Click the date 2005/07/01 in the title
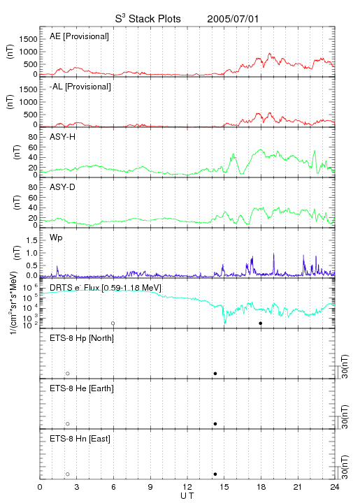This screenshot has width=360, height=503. click(x=233, y=19)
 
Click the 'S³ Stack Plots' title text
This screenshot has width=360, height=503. click(x=148, y=19)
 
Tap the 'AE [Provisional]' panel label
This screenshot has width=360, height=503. click(x=79, y=36)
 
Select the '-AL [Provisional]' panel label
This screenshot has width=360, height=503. click(x=80, y=87)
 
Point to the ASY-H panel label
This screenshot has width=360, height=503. click(x=63, y=137)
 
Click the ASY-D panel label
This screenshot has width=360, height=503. click(x=63, y=187)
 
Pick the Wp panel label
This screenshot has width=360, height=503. click(x=56, y=238)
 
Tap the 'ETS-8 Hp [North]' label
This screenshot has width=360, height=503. click(x=82, y=338)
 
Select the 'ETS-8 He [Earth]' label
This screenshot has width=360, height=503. click(x=82, y=388)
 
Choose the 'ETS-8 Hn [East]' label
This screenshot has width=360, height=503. click(x=80, y=439)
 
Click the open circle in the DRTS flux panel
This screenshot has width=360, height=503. click(x=113, y=323)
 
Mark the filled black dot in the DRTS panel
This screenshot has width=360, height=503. click(x=261, y=323)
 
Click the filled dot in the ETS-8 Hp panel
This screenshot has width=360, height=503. click(x=215, y=374)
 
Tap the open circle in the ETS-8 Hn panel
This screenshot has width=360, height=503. click(x=68, y=474)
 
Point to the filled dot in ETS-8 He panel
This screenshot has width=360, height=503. click(x=215, y=424)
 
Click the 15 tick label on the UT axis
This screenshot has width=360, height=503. click(x=224, y=487)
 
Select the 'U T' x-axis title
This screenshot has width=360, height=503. click(x=187, y=496)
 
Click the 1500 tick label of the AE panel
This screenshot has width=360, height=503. click(x=28, y=39)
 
